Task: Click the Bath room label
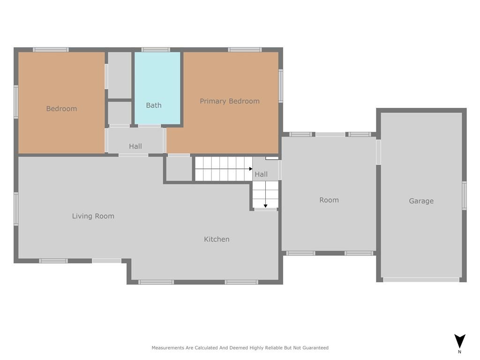154,105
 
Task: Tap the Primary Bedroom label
230,101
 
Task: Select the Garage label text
421,201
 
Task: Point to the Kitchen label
217,239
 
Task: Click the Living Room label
93,216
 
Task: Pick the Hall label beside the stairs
261,174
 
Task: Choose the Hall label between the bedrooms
135,146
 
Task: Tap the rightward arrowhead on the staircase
251,169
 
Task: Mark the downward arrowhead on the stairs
265,206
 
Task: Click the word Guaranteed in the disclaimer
315,348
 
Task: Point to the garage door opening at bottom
421,279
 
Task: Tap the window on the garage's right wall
465,195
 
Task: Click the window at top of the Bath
156,50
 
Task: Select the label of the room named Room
329,200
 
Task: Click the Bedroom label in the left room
61,109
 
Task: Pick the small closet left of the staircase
179,169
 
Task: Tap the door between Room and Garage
378,152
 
